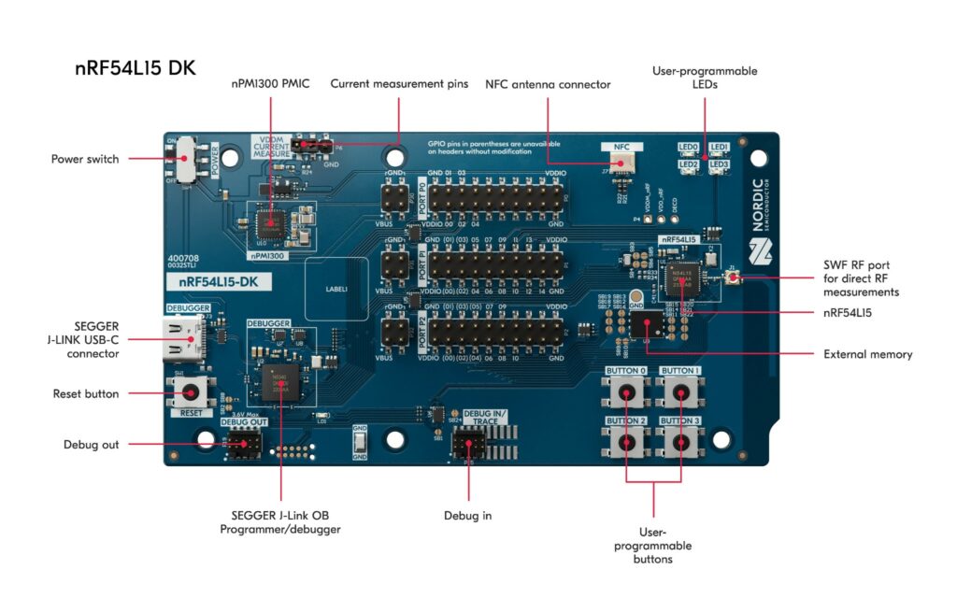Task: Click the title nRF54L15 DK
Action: [x=136, y=68]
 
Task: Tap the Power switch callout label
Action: [x=85, y=159]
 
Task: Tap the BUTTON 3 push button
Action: [x=680, y=445]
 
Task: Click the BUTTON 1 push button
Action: [x=680, y=394]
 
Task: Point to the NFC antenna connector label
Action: [x=548, y=84]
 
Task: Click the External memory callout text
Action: [x=867, y=354]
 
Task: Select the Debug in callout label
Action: [x=467, y=515]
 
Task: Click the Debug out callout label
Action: [x=92, y=444]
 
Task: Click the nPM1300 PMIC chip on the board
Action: [x=272, y=221]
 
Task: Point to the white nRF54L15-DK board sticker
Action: [x=218, y=281]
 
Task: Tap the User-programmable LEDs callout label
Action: [x=706, y=78]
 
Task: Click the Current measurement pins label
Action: [x=399, y=84]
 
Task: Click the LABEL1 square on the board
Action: [x=336, y=290]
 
